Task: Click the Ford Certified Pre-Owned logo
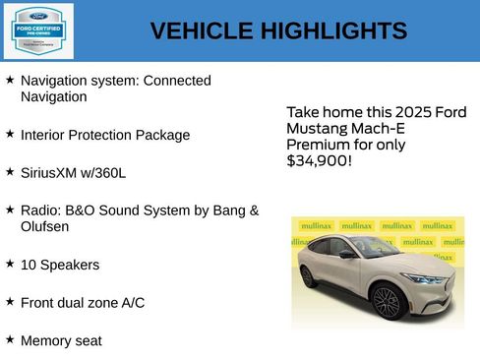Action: [37, 30]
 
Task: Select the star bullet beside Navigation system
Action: [10, 79]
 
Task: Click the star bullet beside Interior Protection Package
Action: [10, 134]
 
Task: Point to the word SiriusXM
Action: [51, 172]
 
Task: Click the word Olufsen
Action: [45, 226]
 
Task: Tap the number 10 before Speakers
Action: [29, 265]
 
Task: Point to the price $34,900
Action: [317, 160]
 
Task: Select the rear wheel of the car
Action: [308, 276]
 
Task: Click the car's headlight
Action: [425, 278]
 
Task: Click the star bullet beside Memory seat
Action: [10, 339]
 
